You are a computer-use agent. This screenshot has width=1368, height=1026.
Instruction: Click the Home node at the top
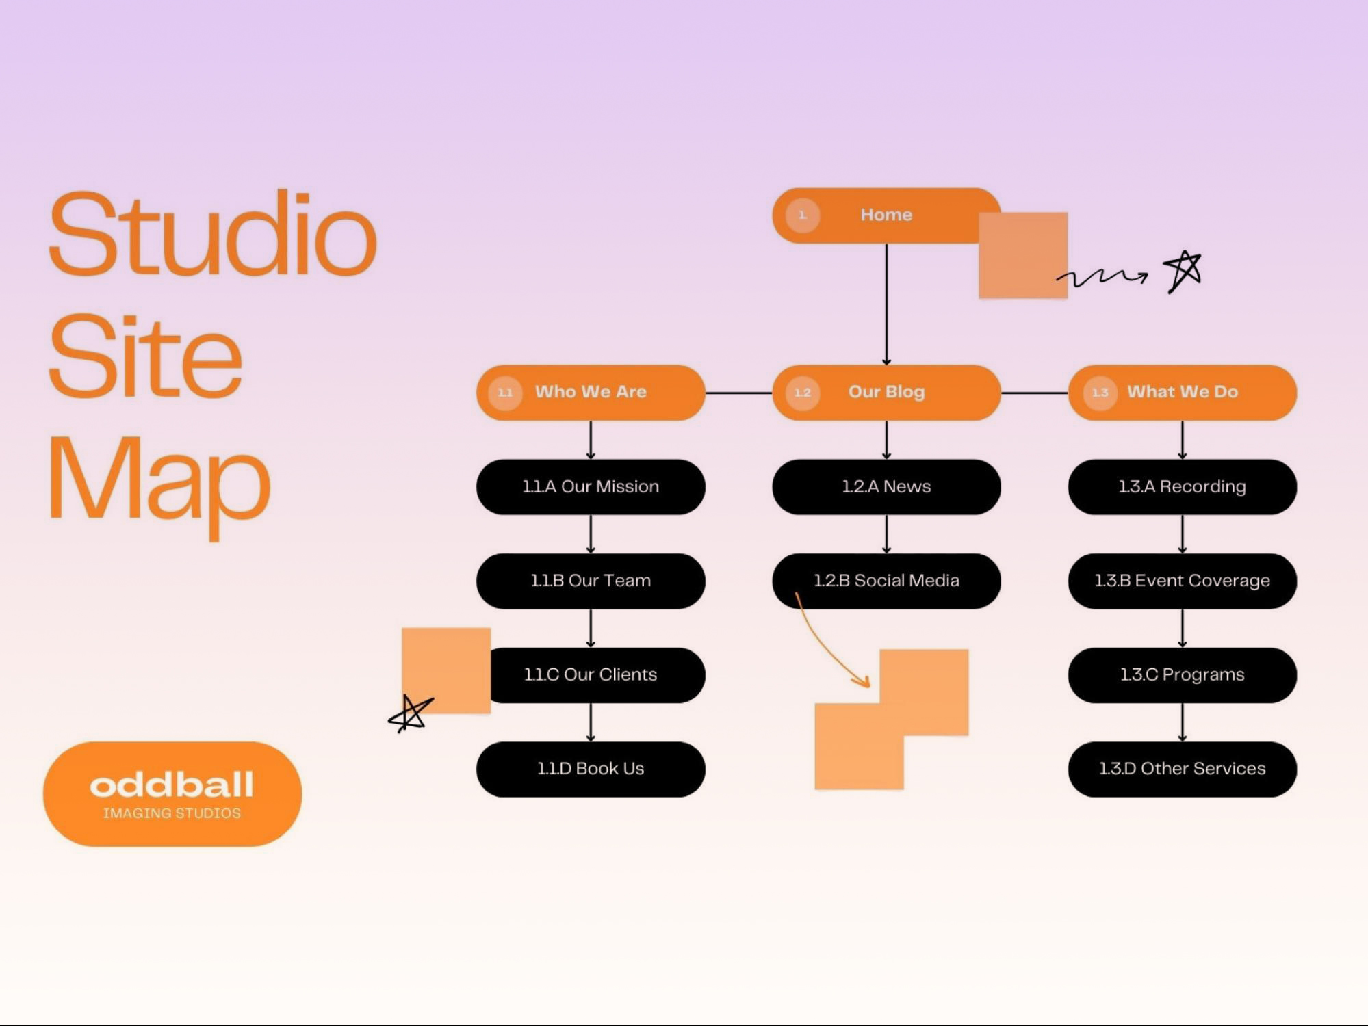point(886,215)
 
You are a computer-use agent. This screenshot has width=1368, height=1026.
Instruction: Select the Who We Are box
point(591,392)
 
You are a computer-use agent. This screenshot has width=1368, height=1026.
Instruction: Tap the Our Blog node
point(886,392)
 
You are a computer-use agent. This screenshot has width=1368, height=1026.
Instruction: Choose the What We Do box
point(1182,392)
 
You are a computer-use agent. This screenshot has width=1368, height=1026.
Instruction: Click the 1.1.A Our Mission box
point(591,486)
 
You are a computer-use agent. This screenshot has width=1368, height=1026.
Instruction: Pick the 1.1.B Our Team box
point(591,581)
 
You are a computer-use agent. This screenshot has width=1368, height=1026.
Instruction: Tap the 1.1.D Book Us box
point(591,769)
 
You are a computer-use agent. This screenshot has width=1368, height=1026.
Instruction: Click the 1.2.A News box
point(886,486)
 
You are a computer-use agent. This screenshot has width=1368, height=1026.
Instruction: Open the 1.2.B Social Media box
point(886,581)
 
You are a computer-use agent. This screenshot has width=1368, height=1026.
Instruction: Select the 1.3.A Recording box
point(1182,486)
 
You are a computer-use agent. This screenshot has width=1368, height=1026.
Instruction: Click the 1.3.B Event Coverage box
point(1182,581)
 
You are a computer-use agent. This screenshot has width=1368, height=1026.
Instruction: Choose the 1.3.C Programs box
point(1182,675)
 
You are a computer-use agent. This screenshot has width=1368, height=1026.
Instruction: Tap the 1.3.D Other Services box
point(1182,769)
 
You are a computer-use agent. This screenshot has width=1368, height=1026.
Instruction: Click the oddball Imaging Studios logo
point(172,793)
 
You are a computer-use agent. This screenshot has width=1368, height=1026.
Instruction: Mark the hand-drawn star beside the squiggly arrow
point(1183,271)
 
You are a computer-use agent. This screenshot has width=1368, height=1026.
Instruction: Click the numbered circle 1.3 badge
point(1100,393)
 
